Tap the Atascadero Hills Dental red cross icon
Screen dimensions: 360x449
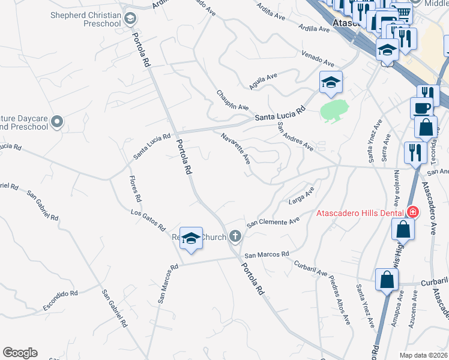coord(412,212)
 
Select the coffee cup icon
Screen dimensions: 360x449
coord(421,108)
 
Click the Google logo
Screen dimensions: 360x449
coord(20,353)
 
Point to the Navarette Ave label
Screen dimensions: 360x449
coord(235,148)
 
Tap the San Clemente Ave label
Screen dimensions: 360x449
coord(273,221)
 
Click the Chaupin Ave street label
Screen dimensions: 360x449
coord(232,99)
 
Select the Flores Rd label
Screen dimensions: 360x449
coord(135,188)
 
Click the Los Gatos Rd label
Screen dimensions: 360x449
coord(148,220)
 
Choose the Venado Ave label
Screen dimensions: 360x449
coord(318,59)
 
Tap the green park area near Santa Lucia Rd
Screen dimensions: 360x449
coord(334,110)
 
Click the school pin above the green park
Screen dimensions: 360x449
coord(331,83)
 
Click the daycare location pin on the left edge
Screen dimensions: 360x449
coord(57,122)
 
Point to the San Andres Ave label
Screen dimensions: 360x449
coord(295,136)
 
